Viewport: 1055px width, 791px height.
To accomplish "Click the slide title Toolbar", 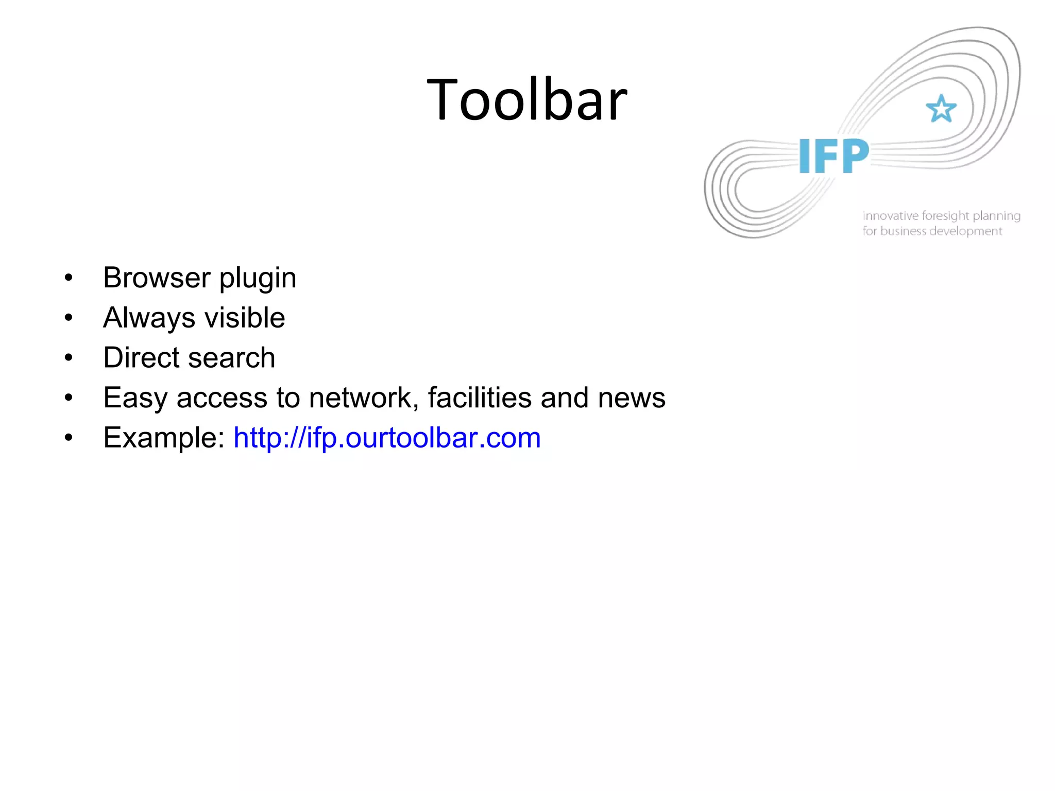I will point(527,99).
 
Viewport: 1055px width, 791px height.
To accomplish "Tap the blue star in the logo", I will point(941,109).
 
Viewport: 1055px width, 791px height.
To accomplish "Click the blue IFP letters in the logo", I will point(833,156).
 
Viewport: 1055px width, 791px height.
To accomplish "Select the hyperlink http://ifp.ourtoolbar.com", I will point(387,438).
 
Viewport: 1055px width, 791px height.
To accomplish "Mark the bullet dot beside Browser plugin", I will point(69,279).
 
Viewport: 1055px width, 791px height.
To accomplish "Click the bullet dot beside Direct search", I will point(69,358).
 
